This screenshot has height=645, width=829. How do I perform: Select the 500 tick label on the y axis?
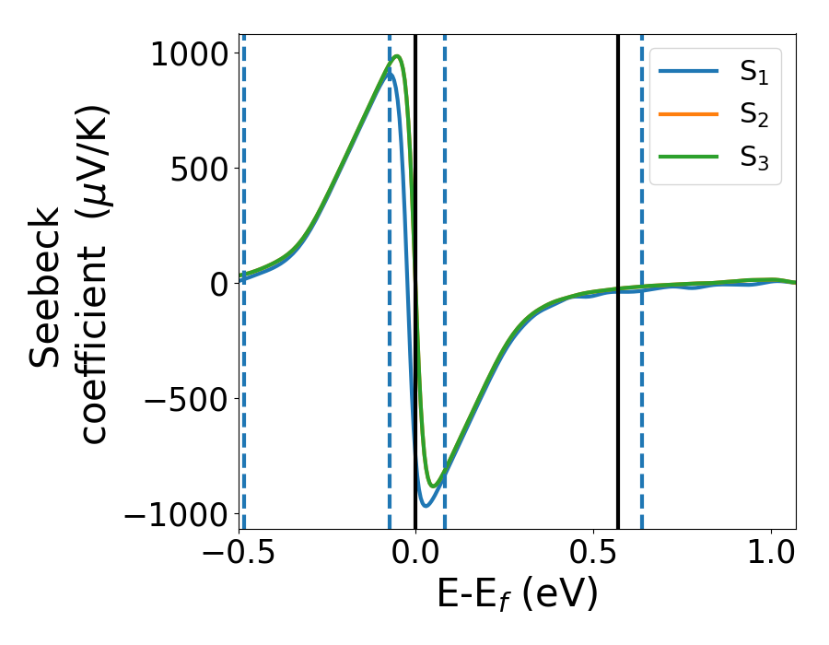pyautogui.click(x=195, y=169)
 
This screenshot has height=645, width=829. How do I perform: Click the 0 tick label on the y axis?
pyautogui.click(x=217, y=284)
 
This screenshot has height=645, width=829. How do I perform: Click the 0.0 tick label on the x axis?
pyautogui.click(x=415, y=553)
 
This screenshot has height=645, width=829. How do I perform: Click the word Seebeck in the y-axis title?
pyautogui.click(x=46, y=287)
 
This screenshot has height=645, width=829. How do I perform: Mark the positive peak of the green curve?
pyautogui.click(x=397, y=56)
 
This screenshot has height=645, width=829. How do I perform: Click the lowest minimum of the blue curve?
pyautogui.click(x=426, y=505)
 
